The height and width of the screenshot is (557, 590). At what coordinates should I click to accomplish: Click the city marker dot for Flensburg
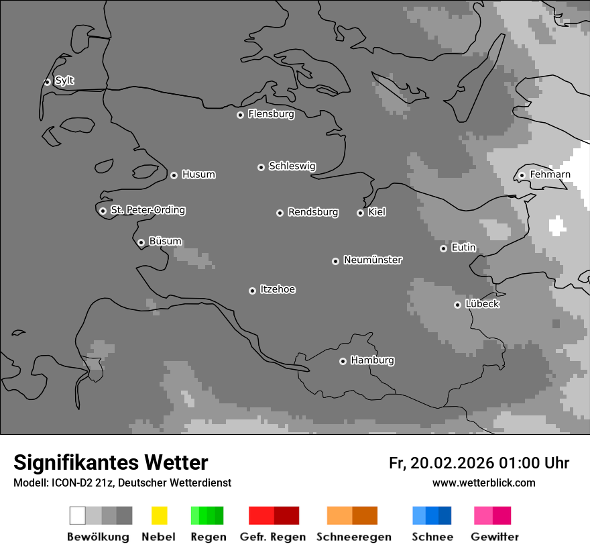click(x=240, y=115)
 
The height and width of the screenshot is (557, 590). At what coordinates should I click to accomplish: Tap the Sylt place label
click(x=64, y=81)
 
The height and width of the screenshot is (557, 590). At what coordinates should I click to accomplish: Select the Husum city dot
click(x=174, y=175)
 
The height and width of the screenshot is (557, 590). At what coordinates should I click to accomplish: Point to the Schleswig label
click(x=292, y=166)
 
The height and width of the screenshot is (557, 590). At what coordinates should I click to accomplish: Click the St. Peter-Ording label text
click(x=147, y=210)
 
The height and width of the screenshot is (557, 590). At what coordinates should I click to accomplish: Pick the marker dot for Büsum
click(x=141, y=242)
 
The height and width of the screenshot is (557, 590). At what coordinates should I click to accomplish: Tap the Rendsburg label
click(x=312, y=212)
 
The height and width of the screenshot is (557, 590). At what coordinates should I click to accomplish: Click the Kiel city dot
click(x=360, y=213)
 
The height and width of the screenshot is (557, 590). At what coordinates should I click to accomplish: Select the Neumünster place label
click(x=372, y=260)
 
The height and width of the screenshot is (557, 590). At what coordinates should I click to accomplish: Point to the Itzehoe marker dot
click(x=252, y=291)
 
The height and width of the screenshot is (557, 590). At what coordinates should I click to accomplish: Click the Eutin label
click(x=463, y=248)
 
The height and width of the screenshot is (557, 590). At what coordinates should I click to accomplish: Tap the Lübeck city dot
click(x=457, y=305)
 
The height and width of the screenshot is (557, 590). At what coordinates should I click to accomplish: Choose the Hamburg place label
click(x=372, y=360)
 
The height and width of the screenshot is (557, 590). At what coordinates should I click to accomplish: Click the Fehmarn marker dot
click(x=522, y=176)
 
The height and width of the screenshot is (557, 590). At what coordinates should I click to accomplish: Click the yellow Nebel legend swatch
click(x=159, y=515)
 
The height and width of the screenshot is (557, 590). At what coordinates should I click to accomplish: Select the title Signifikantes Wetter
click(x=111, y=462)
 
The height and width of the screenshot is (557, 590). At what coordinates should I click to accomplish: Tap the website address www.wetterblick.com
click(x=483, y=483)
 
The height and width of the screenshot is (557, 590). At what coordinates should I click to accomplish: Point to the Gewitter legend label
click(x=494, y=537)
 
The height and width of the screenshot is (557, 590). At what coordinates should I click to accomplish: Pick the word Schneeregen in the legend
click(x=354, y=537)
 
